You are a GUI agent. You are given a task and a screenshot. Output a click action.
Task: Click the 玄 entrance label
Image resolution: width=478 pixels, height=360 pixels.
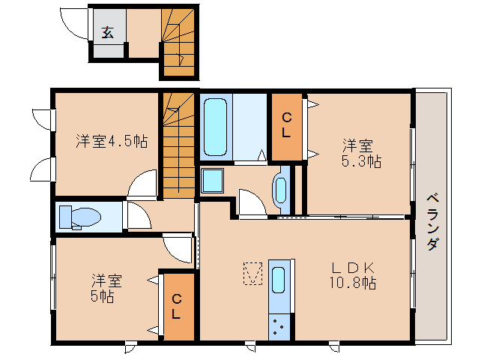coord(108,33)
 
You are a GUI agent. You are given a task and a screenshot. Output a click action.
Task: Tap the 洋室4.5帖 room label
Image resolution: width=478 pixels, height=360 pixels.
coord(112,141)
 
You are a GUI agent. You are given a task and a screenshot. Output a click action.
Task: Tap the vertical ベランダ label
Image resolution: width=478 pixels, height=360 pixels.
coord(433,223)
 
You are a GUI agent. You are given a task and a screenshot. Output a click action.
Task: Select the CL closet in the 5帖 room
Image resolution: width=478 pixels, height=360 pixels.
coord(177,307)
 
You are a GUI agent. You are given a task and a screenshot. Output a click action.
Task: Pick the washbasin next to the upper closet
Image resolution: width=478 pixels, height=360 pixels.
coord(281,189)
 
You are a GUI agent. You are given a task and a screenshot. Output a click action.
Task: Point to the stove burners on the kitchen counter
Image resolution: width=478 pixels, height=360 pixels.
coord(279,327)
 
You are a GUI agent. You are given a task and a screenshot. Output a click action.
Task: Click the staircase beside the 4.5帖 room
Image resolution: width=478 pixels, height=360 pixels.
coord(178,146)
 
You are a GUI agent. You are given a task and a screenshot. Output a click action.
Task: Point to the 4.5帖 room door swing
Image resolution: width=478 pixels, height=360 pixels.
coord(142,184)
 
